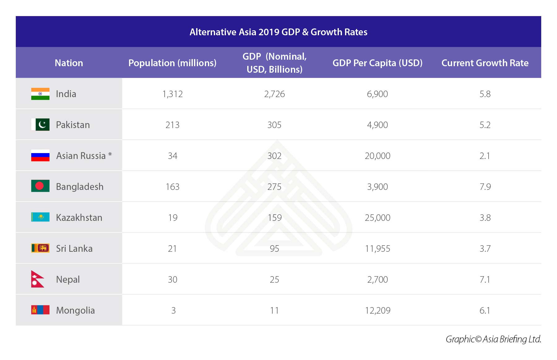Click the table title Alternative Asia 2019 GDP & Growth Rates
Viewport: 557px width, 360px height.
pyautogui.click(x=278, y=32)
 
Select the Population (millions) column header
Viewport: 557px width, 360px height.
pyautogui.click(x=172, y=63)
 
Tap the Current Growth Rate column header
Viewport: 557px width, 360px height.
pyautogui.click(x=485, y=63)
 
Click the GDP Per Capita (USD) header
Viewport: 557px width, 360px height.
pyautogui.click(x=378, y=63)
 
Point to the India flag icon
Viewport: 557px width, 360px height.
pyautogui.click(x=40, y=94)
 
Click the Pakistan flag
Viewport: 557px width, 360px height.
pyautogui.click(x=40, y=125)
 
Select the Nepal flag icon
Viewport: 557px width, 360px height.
pyautogui.click(x=37, y=279)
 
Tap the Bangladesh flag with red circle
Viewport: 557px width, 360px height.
pyautogui.click(x=40, y=186)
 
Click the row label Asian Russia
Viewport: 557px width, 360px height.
pyautogui.click(x=81, y=156)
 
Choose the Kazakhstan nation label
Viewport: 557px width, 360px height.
pyautogui.click(x=79, y=218)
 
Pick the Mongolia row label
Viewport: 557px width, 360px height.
pyautogui.click(x=75, y=311)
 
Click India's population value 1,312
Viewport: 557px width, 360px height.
pyautogui.click(x=172, y=94)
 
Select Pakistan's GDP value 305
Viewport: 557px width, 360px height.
pyautogui.click(x=274, y=125)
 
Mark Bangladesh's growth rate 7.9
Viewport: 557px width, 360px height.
pyautogui.click(x=485, y=187)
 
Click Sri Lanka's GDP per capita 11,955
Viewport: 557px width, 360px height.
pyautogui.click(x=378, y=249)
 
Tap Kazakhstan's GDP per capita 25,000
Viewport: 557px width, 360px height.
pyautogui.click(x=378, y=218)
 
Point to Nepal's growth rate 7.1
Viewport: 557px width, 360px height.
pyautogui.click(x=485, y=280)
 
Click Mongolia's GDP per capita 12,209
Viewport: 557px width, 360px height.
pyautogui.click(x=378, y=311)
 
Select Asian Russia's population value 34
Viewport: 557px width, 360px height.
pyautogui.click(x=172, y=156)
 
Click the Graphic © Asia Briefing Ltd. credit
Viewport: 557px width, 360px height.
pyautogui.click(x=493, y=339)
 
